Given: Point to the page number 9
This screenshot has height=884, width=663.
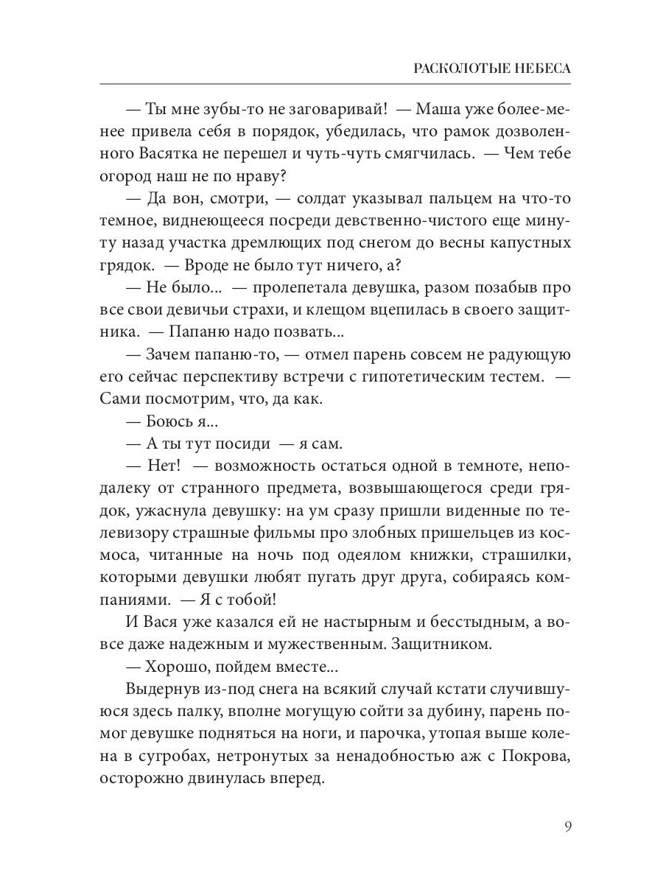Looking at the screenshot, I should (568, 825).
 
